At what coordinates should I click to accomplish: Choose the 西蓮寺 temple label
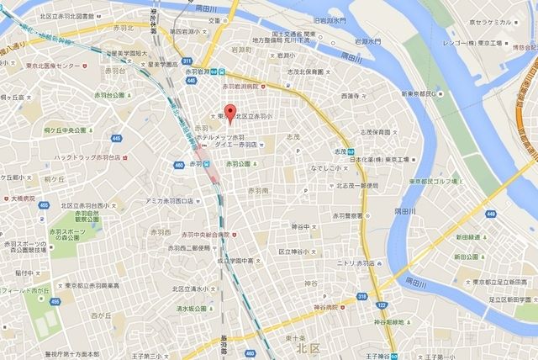tap(353, 97)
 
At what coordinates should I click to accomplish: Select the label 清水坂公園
tap(196, 307)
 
